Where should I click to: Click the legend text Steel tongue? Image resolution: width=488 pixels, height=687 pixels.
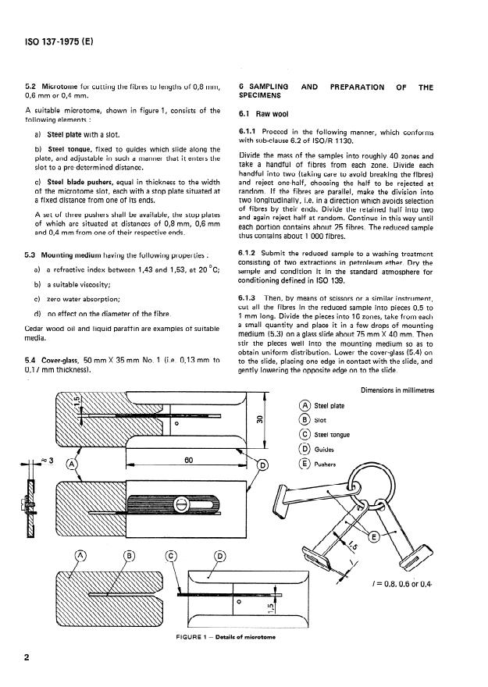point(331,434)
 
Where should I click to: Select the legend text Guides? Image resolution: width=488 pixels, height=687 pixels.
point(323,449)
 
